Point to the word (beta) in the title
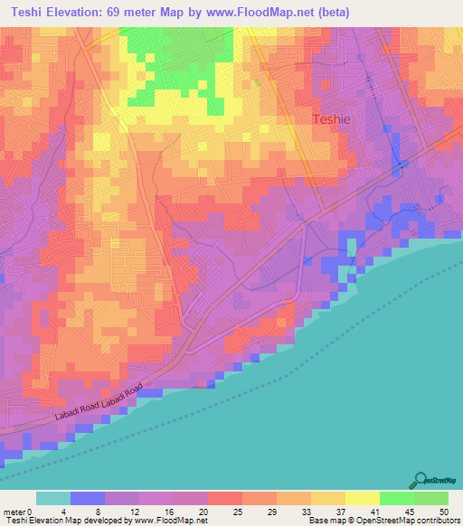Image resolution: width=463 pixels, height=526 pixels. pyautogui.click(x=351, y=13)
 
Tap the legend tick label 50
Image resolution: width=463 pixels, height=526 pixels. pyautogui.click(x=443, y=511)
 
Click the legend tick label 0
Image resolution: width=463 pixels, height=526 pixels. pyautogui.click(x=41, y=511)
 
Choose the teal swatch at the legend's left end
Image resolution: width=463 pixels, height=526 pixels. pyautogui.click(x=53, y=498)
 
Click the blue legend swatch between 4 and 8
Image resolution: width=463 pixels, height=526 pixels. pyautogui.click(x=88, y=498)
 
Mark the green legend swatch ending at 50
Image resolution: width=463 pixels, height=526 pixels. pyautogui.click(x=431, y=498)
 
